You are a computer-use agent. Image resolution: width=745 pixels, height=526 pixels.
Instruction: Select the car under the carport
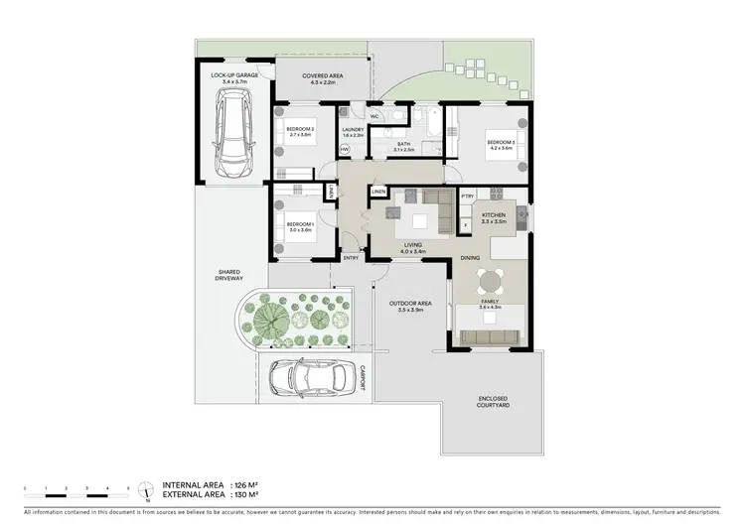pos(307,375)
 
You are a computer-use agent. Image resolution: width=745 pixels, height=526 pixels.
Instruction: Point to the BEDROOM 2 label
pos(300,129)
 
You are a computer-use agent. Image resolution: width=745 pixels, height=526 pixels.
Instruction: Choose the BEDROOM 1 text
pos(299,225)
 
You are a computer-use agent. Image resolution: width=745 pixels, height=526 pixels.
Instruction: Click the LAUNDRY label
pos(353,129)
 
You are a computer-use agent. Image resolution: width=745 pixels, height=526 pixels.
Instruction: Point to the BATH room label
pos(404,144)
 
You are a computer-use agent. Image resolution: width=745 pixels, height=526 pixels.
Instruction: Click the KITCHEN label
pos(494,214)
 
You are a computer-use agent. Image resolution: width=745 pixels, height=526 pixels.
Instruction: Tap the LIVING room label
pos(413,246)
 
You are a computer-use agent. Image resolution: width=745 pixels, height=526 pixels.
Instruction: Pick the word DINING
pos(471,259)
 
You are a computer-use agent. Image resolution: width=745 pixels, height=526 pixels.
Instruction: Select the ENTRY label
pos(351,258)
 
